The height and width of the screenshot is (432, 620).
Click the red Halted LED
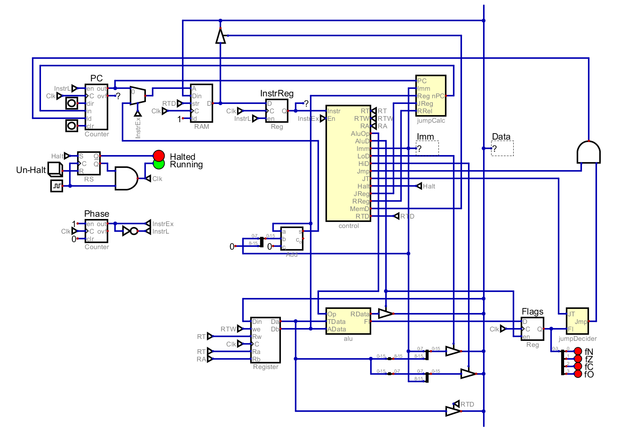[x=159, y=156]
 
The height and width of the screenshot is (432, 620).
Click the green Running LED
[x=159, y=164]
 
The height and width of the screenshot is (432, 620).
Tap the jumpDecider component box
[x=577, y=322]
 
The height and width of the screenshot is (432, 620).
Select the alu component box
[x=348, y=322]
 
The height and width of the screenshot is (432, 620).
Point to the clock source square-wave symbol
[x=56, y=186]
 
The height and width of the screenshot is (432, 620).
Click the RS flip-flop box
[x=89, y=163]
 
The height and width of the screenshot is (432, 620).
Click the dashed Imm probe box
[x=427, y=148]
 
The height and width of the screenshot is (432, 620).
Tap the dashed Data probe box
[x=502, y=149]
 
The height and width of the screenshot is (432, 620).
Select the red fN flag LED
[x=578, y=352]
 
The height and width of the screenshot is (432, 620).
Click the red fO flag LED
[x=578, y=374]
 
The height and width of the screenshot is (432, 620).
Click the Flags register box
[x=533, y=329]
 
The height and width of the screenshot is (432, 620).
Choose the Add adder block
[x=292, y=238]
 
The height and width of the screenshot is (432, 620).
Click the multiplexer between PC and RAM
[x=137, y=96]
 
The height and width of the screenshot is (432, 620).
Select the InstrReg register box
[x=277, y=111]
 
